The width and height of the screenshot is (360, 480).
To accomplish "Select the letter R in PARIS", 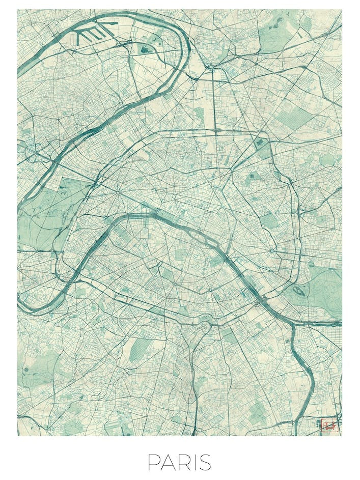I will coord(185,462).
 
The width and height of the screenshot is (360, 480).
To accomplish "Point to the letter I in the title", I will coord(196,462).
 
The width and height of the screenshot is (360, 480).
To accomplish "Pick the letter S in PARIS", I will coord(205,462).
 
